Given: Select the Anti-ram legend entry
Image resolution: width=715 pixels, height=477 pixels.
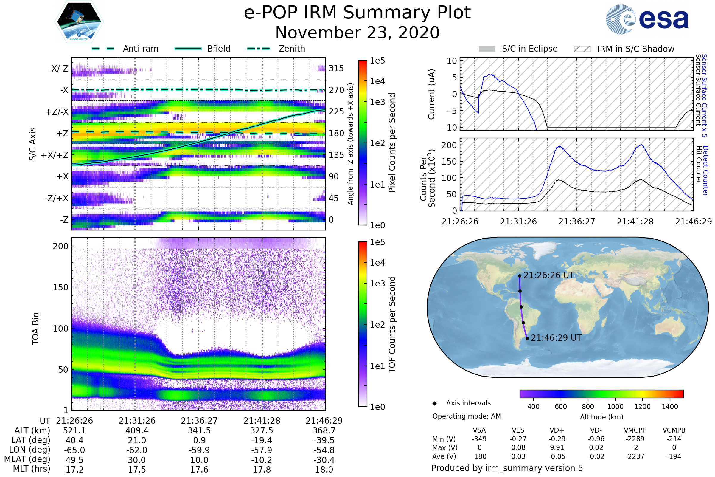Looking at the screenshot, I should (140, 49).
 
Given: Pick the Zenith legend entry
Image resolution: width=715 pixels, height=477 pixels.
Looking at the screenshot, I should (292, 49).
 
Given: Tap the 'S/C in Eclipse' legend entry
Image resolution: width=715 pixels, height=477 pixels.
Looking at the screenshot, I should (529, 49).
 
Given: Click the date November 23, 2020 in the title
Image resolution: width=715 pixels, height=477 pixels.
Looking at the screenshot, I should (357, 32).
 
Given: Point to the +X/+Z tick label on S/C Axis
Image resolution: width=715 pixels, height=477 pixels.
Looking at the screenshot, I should (55, 155).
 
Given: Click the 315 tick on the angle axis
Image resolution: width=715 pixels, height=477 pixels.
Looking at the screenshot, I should (336, 68).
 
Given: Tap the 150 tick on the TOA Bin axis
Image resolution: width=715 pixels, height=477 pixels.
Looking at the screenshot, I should (60, 287).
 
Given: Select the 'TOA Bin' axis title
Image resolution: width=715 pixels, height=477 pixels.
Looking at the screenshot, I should (35, 328).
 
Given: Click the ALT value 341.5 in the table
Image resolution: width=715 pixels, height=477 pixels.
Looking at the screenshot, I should (199, 431).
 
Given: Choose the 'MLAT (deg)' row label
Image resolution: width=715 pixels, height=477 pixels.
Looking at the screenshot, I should (27, 460).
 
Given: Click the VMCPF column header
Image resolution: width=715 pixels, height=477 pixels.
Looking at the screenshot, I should (635, 430).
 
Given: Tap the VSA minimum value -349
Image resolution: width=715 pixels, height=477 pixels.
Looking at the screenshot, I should (479, 439).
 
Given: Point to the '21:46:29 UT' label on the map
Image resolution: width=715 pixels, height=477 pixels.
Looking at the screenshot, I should (556, 338).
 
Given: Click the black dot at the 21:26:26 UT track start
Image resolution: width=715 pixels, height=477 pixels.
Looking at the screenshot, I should (520, 276).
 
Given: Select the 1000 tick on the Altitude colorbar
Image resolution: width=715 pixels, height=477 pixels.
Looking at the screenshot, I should (615, 407).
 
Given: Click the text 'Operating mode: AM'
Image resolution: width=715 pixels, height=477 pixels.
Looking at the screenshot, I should (467, 416).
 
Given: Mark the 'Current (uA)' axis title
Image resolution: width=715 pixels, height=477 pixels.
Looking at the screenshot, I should (431, 94).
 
